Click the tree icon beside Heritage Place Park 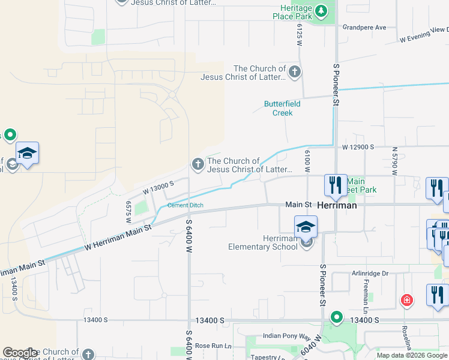(x=321, y=10)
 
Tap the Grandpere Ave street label (x=364, y=28)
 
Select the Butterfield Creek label (x=279, y=108)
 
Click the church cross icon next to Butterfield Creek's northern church (x=294, y=73)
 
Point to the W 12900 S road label (x=358, y=146)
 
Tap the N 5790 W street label (x=394, y=160)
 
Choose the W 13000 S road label (x=158, y=187)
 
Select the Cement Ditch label (x=185, y=205)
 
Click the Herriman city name (x=337, y=205)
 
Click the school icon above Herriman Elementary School (x=306, y=226)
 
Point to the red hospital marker (x=407, y=299)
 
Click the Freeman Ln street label (x=365, y=295)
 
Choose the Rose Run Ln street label (x=212, y=346)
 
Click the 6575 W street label (x=128, y=212)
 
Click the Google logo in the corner (x=20, y=353)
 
